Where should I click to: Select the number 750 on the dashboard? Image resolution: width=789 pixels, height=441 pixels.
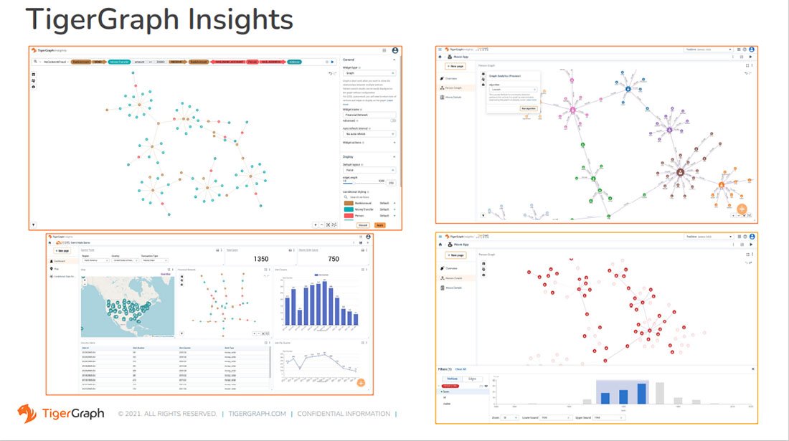[333, 259]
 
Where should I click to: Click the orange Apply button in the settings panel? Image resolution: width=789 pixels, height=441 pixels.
[379, 224]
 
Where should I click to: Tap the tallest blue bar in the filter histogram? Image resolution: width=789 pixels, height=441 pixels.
[641, 393]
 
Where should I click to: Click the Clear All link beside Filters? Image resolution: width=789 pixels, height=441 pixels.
[460, 369]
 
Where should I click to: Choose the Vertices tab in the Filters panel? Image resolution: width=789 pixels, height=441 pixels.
[453, 378]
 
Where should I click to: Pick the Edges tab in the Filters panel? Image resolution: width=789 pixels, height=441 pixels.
[472, 378]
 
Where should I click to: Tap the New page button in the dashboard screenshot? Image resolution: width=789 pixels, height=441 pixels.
[62, 251]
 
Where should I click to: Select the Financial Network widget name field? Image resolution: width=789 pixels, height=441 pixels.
[368, 115]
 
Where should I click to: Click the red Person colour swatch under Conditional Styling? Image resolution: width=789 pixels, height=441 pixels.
[350, 215]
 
